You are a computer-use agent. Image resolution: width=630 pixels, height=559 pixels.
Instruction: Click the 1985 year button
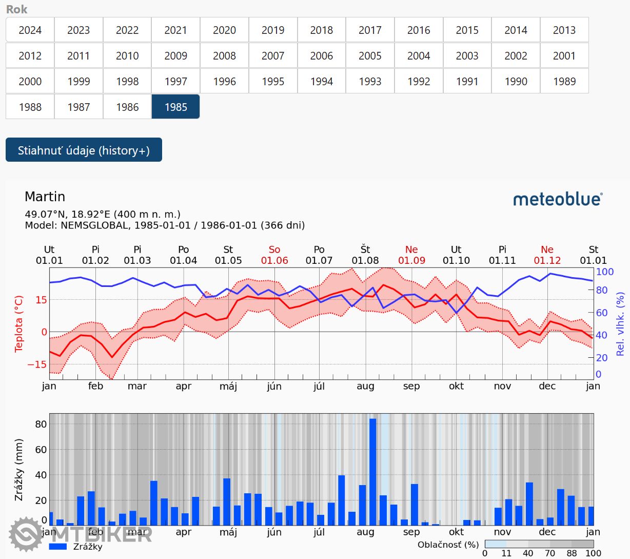pyautogui.click(x=175, y=107)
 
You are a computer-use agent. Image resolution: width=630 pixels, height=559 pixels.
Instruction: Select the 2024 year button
pyautogui.click(x=30, y=30)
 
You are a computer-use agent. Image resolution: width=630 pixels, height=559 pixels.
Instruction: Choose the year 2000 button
pyautogui.click(x=30, y=81)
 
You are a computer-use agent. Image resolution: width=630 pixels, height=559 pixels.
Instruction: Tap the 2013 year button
pyautogui.click(x=564, y=30)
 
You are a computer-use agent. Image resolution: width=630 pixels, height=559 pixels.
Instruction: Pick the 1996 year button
pyautogui.click(x=224, y=81)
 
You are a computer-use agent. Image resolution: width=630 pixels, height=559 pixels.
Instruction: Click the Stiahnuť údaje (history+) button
pyautogui.click(x=84, y=150)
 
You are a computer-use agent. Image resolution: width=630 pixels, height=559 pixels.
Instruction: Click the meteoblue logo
pyautogui.click(x=558, y=199)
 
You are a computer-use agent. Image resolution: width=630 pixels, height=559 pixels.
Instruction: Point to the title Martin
pyautogui.click(x=45, y=197)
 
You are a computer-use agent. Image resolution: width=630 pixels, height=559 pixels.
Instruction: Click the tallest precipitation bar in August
pyautogui.click(x=373, y=471)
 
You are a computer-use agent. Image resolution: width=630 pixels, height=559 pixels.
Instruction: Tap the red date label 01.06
pyautogui.click(x=274, y=260)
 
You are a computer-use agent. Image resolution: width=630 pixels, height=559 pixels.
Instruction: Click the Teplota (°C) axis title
pyautogui.click(x=19, y=324)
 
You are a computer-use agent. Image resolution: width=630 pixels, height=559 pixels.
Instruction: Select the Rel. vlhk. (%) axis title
pyautogui.click(x=620, y=324)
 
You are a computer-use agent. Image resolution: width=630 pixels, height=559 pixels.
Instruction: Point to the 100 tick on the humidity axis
pyautogui.click(x=605, y=272)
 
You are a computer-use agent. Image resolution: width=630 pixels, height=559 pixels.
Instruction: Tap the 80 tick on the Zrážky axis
pyautogui.click(x=41, y=424)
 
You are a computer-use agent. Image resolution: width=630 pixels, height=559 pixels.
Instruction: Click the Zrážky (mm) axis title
pyautogui.click(x=19, y=470)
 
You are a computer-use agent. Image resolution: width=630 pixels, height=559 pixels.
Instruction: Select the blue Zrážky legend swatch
pyautogui.click(x=58, y=547)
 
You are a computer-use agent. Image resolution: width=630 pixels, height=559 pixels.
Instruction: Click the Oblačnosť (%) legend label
pyautogui.click(x=448, y=545)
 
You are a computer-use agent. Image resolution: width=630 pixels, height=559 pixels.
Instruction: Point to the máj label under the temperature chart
pyautogui.click(x=228, y=386)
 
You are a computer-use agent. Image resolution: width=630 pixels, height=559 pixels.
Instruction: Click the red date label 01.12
pyautogui.click(x=547, y=260)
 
